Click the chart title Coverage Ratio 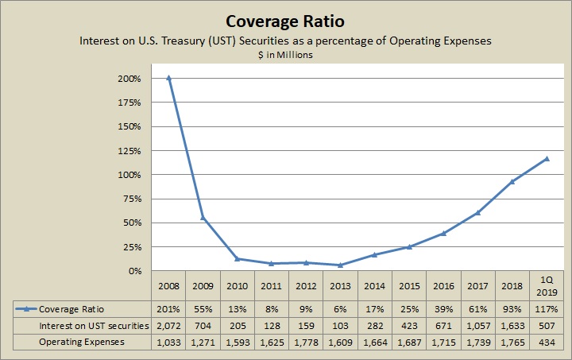click(x=285, y=19)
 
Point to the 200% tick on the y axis click(x=129, y=79)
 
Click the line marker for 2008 click(x=168, y=78)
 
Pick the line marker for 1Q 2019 click(x=547, y=158)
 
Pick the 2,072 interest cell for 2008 click(x=168, y=324)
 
